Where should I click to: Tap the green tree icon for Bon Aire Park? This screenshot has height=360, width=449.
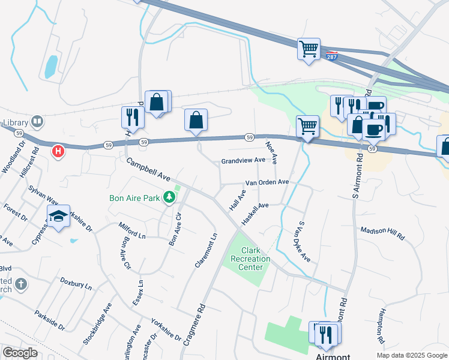pos(170,197)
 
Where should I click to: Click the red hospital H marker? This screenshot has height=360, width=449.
pos(58,151)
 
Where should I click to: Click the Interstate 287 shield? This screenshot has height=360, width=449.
pos(332,56)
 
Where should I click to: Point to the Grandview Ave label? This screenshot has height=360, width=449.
pos(243,161)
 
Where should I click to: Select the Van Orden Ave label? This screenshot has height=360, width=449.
pos(267,182)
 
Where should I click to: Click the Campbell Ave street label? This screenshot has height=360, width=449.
pos(148,169)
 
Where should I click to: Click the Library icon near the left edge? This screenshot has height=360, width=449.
pos(37,122)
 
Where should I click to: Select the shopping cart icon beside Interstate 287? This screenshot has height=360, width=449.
pos(309,49)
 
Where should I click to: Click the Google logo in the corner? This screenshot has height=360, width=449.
pos(20,353)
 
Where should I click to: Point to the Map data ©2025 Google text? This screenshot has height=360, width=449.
pos(412,355)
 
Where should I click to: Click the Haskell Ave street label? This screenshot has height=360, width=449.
pos(255,214)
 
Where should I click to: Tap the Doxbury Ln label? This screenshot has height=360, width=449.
pos(76,283)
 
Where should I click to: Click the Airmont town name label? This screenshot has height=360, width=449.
pos(333,356)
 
